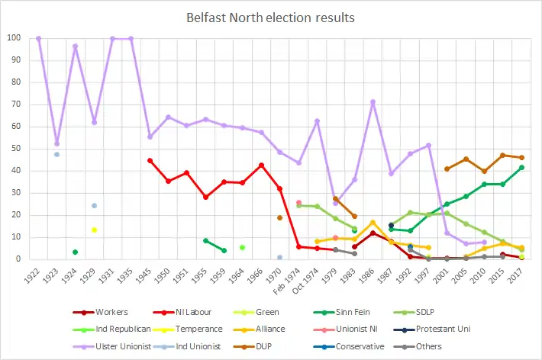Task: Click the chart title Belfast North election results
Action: click(270, 16)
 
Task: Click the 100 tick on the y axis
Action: click(15, 38)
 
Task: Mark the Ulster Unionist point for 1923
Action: click(56, 143)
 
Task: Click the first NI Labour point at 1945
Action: click(150, 160)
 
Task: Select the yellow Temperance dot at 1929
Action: click(94, 230)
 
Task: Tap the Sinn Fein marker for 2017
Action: click(521, 167)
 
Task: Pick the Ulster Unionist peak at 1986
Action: click(373, 101)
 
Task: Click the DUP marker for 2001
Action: click(447, 169)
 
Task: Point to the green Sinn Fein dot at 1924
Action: click(75, 252)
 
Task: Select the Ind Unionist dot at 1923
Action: click(56, 154)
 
